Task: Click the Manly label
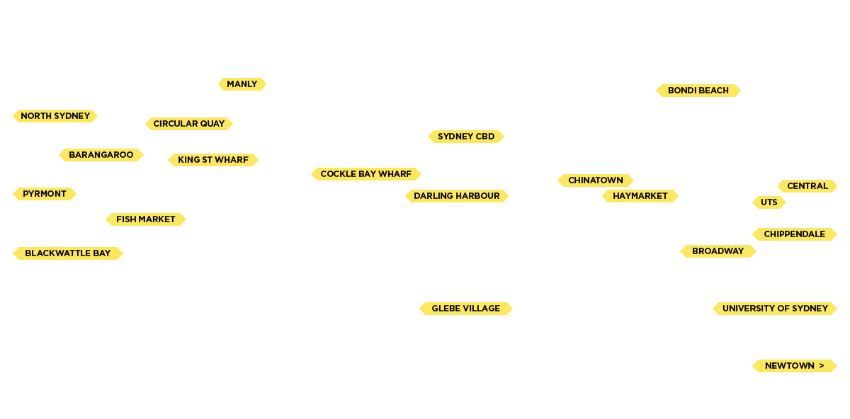(x=242, y=84)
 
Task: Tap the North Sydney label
(x=55, y=116)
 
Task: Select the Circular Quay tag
(x=189, y=124)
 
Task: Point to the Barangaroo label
(x=101, y=155)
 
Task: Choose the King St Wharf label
(x=213, y=160)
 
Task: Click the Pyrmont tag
(x=45, y=194)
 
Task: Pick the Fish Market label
(x=146, y=219)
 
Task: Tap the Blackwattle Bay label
(x=68, y=253)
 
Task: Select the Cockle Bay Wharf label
(x=366, y=174)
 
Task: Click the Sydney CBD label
(x=466, y=137)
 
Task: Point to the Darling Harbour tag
(x=457, y=196)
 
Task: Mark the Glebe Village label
(x=466, y=309)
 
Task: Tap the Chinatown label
(x=596, y=180)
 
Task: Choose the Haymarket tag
(x=640, y=196)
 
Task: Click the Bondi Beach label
(x=698, y=91)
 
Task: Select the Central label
(x=807, y=186)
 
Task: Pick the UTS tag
(x=769, y=202)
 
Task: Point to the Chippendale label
(x=795, y=234)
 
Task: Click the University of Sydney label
(x=775, y=309)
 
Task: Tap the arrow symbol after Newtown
(x=821, y=366)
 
